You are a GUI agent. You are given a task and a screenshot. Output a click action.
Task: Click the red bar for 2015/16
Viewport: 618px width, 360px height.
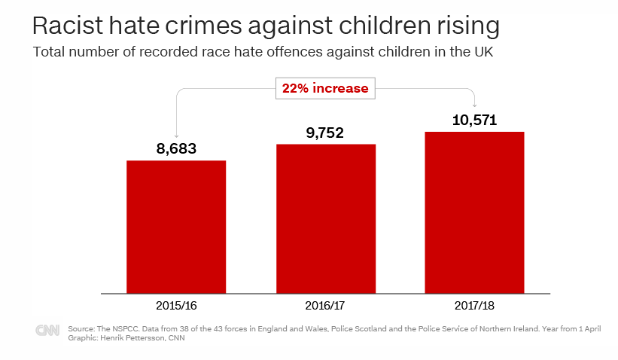point(176,226)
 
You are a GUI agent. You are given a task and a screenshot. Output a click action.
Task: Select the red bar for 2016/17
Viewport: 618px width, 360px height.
point(326,218)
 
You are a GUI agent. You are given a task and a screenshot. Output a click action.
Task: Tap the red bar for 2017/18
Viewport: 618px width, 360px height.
point(474,212)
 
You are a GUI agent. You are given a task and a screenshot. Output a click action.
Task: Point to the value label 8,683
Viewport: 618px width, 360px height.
point(176,148)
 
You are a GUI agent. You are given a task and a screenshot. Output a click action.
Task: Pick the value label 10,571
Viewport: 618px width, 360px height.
point(474,120)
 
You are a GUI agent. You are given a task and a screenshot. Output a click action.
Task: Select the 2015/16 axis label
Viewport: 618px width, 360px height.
point(176,307)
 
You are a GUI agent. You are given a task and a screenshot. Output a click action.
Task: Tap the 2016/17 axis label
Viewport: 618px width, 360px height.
point(326,307)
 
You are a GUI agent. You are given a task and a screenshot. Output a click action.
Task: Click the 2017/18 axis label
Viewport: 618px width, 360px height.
point(474,307)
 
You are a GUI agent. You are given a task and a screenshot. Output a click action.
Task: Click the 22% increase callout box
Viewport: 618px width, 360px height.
point(325,88)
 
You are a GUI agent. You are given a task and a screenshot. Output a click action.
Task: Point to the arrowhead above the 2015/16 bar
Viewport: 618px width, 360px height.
point(176,134)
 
